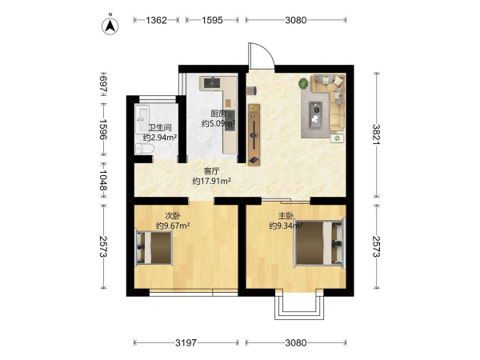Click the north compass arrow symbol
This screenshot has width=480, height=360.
pyautogui.click(x=110, y=26)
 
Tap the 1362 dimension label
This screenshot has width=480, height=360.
pyautogui.click(x=156, y=20)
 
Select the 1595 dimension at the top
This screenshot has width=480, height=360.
pyautogui.click(x=212, y=20)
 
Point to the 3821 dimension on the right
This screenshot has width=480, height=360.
pyautogui.click(x=377, y=135)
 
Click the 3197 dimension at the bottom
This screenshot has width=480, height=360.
pyautogui.click(x=186, y=342)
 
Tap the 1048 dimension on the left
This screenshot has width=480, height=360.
pyautogui.click(x=104, y=180)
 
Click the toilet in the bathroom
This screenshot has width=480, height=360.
pyautogui.click(x=144, y=149)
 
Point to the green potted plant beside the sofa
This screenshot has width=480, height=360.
pyautogui.click(x=303, y=83)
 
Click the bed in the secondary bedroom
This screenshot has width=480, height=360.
pyautogui.click(x=154, y=247)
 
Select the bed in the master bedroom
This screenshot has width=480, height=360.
pyautogui.click(x=319, y=242)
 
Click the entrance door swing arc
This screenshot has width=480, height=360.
pyautogui.click(x=266, y=50)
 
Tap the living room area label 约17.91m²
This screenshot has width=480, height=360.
pyautogui.click(x=211, y=182)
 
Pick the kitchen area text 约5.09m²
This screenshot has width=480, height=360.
pyautogui.click(x=218, y=124)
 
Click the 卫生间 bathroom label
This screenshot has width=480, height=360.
pyautogui.click(x=160, y=127)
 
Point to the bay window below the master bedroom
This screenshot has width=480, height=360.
pyautogui.click(x=299, y=305)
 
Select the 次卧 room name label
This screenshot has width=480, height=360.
pyautogui.click(x=173, y=216)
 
